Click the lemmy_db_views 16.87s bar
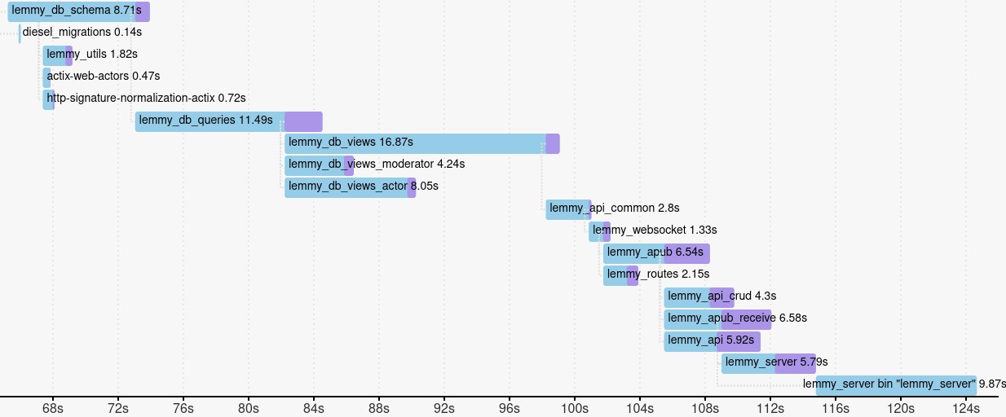click(416, 143)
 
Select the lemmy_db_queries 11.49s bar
click(210, 121)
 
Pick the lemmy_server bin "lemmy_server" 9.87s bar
click(896, 385)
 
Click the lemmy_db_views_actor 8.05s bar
click(346, 187)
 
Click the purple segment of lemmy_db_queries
click(303, 121)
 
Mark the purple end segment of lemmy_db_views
click(553, 143)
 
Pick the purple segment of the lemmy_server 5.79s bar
click(795, 363)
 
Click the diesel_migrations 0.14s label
click(82, 33)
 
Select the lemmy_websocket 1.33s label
click(655, 230)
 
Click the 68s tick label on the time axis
click(53, 406)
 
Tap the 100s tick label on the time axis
click(574, 406)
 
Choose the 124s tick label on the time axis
click(965, 406)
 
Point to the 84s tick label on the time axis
click(313, 406)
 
